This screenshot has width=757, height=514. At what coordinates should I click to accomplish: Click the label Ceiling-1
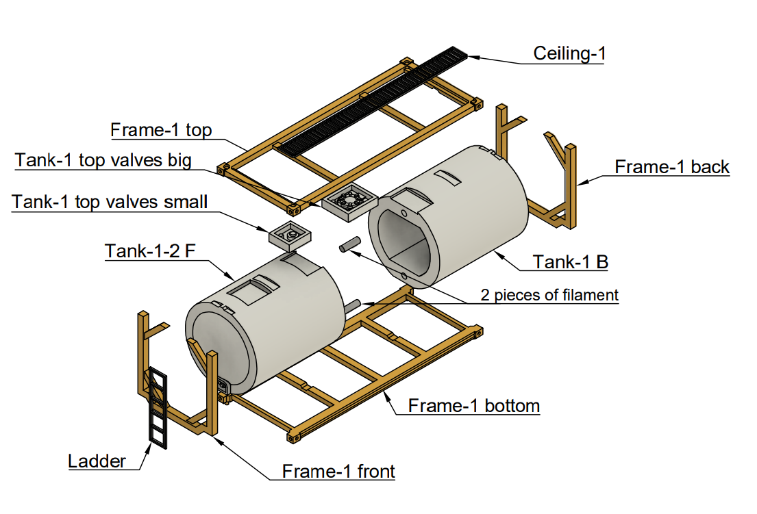point(569,53)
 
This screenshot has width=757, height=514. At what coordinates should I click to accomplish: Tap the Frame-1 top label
point(161,130)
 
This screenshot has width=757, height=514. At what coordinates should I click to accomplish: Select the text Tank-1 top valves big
point(103,160)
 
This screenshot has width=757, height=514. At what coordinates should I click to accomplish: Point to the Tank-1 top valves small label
point(110,202)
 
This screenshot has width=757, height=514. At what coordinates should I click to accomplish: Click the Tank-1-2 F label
point(149,251)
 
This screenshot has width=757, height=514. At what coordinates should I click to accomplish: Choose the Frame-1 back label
point(671,167)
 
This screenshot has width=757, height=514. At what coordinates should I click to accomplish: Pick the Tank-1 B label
point(571,261)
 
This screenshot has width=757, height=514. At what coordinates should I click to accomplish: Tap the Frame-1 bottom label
point(473,405)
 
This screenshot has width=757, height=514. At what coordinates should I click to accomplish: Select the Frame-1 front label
point(338,471)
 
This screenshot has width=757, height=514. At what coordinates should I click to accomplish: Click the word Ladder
point(97,461)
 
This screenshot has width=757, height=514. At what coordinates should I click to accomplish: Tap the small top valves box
point(290,236)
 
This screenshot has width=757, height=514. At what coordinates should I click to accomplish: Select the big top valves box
point(349,203)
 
